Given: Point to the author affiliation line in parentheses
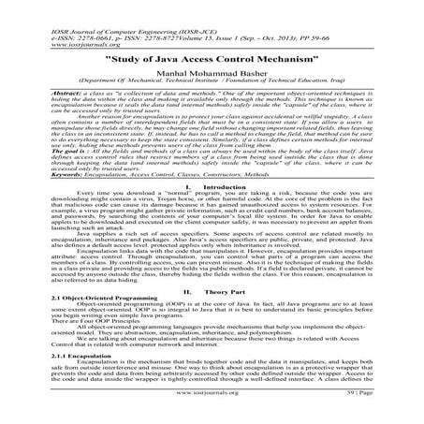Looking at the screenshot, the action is pyautogui.click(x=212, y=94).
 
